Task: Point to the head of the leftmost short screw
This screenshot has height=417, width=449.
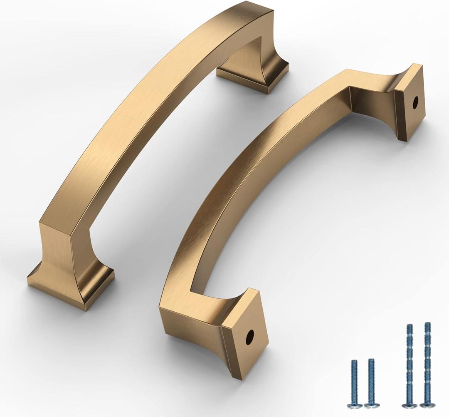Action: pos(354,404)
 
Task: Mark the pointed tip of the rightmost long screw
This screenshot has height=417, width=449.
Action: pos(427,323)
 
